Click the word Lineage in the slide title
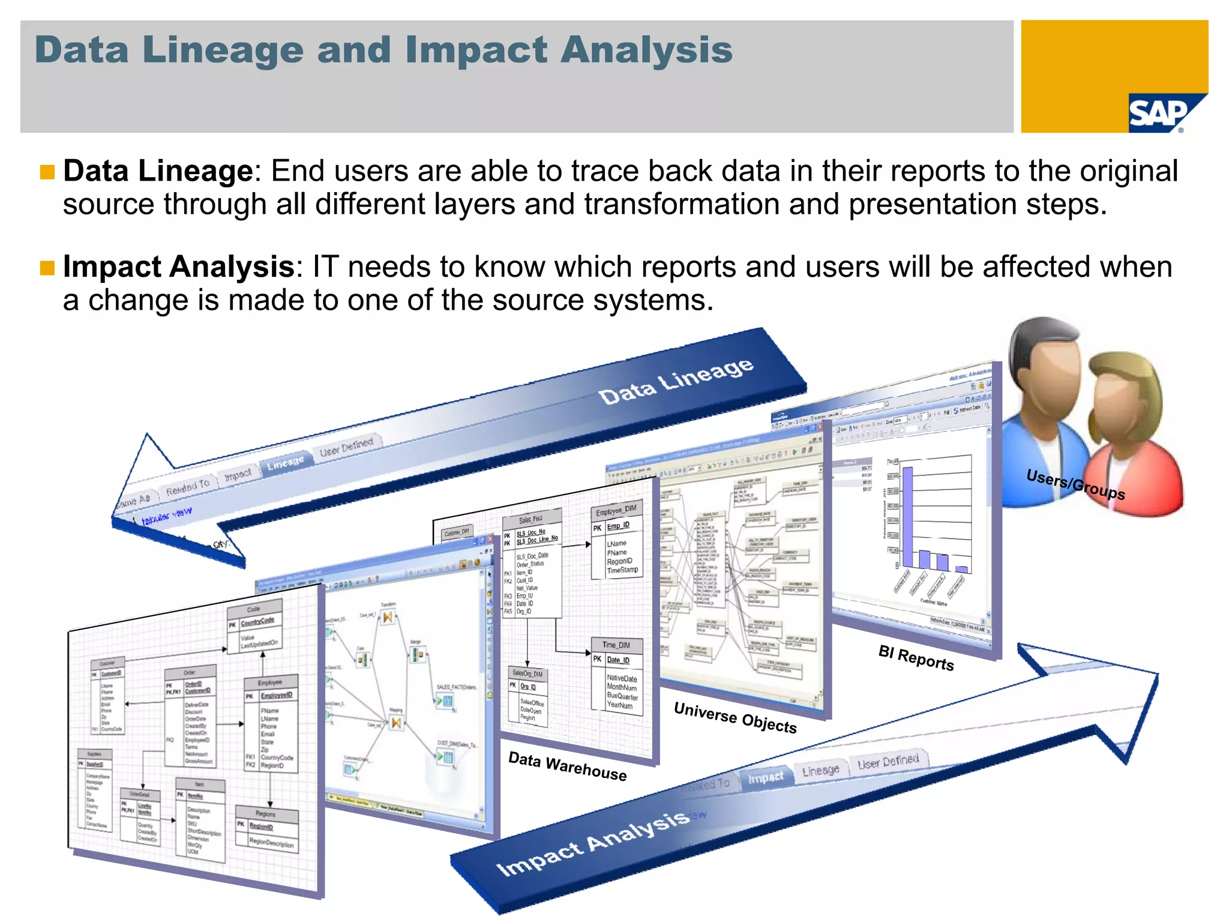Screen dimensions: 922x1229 pyautogui.click(x=223, y=50)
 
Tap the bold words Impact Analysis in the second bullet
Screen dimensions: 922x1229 pyautogui.click(x=178, y=267)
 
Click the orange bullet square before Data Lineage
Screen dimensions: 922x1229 pyautogui.click(x=47, y=172)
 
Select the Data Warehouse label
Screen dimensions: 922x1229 pyautogui.click(x=567, y=767)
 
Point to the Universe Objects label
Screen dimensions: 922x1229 pyautogui.click(x=735, y=718)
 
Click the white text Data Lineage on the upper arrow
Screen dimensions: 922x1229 pyautogui.click(x=676, y=381)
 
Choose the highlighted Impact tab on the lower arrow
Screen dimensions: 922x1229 pyautogui.click(x=765, y=778)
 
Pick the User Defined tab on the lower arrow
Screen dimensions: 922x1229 pyautogui.click(x=888, y=762)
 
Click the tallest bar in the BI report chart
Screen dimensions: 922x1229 pyautogui.click(x=907, y=517)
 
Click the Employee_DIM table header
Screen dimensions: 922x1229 pyautogui.click(x=616, y=511)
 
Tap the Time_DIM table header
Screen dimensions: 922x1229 pyautogui.click(x=616, y=645)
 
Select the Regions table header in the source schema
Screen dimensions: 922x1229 pyautogui.click(x=266, y=814)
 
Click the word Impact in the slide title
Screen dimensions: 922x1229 pyautogui.click(x=476, y=50)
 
